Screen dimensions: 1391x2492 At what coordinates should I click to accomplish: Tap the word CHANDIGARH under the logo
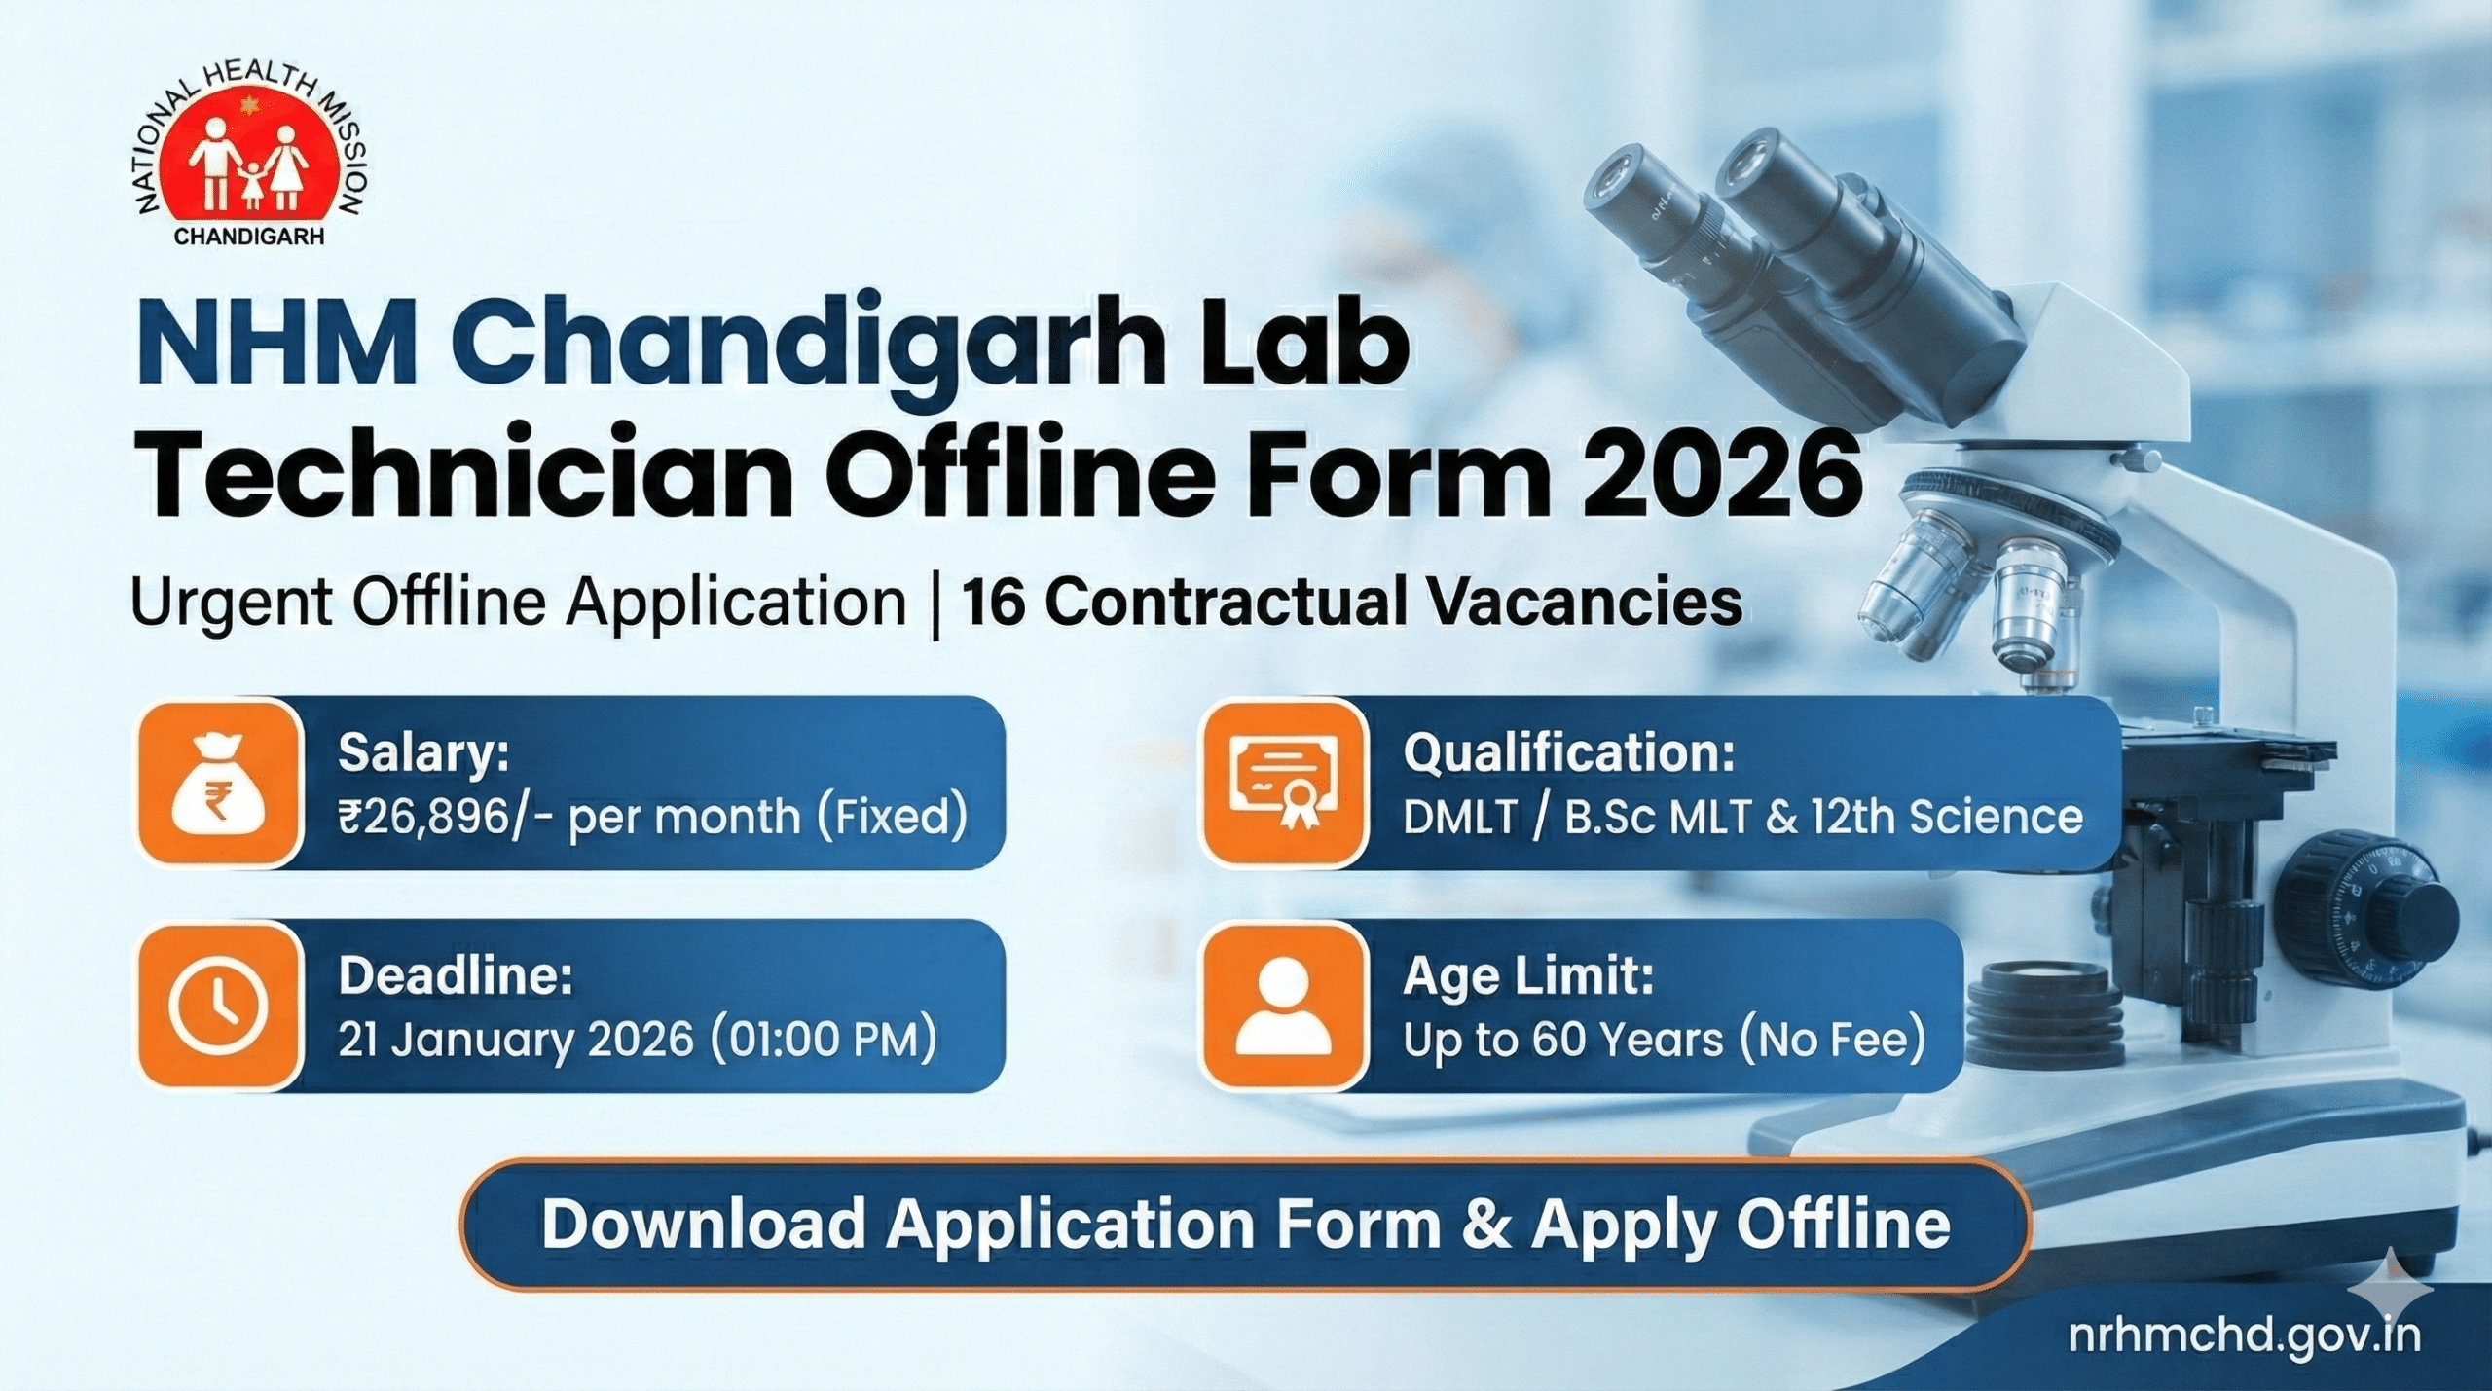tap(249, 237)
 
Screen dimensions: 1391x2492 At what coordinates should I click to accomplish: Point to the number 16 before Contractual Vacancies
tap(992, 603)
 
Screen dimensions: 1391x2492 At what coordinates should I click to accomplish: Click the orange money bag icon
tap(218, 782)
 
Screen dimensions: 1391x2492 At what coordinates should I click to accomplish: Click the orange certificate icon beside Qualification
tap(1283, 782)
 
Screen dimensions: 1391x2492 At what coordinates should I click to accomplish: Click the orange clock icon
tap(218, 1006)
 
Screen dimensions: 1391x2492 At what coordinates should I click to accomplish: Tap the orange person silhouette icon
tap(1283, 1006)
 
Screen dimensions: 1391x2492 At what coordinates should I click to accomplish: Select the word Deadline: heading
tap(456, 976)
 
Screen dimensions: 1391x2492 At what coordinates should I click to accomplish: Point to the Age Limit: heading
tap(1527, 976)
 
